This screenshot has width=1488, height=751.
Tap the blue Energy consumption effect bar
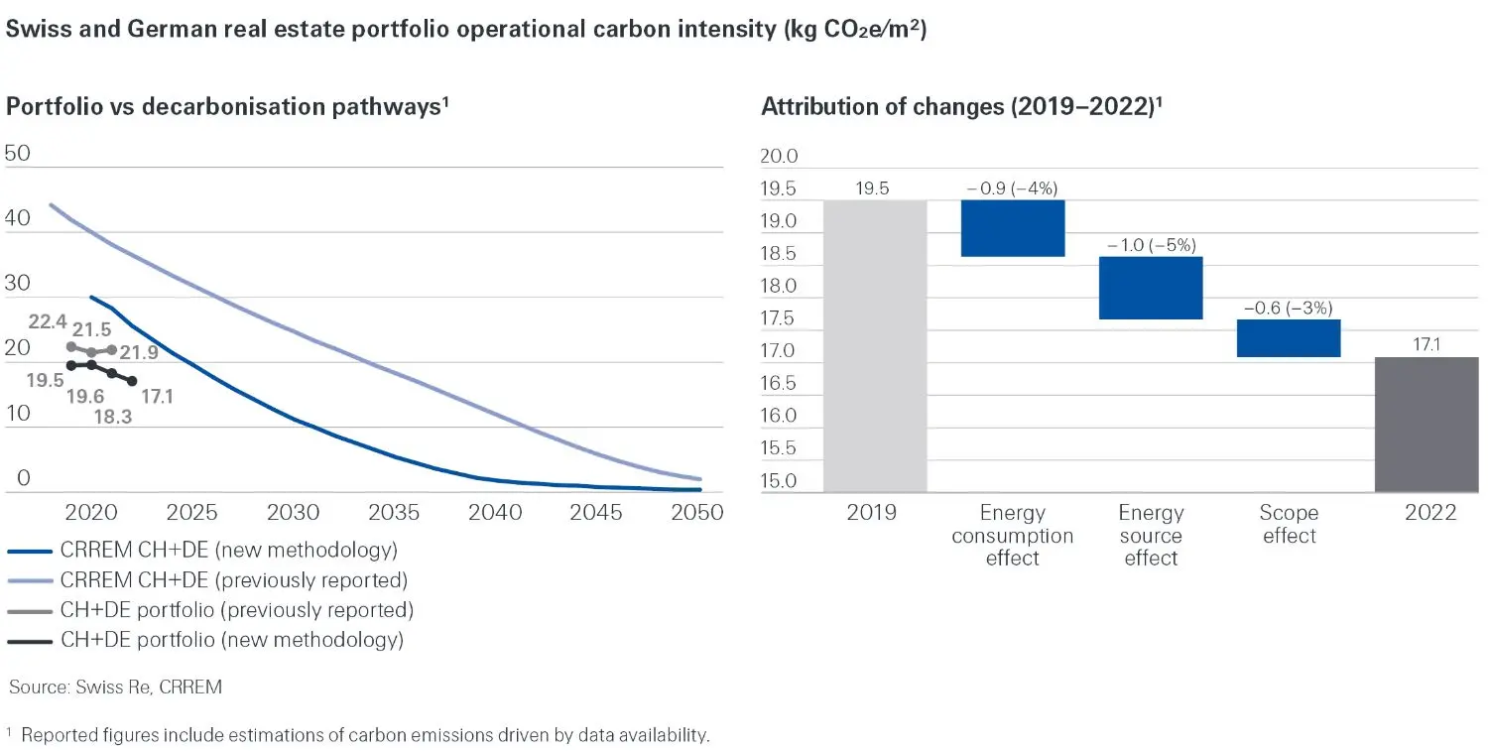point(1013,228)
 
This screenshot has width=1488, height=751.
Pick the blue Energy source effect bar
point(1151,288)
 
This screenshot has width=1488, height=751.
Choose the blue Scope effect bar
point(1289,337)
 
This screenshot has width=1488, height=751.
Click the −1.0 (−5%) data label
point(1151,245)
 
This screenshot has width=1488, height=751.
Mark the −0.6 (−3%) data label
point(1289,308)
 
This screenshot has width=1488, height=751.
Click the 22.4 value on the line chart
point(48,321)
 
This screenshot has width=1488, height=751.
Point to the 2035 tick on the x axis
point(394,513)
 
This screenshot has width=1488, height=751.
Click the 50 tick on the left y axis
point(19,153)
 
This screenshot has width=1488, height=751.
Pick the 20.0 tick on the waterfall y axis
point(779,157)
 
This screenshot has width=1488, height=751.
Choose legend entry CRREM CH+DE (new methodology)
point(228,550)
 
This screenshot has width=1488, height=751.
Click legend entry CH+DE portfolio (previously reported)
point(236,609)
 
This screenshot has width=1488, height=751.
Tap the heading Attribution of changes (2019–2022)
point(960,108)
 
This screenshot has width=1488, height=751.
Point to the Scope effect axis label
point(1289,525)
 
